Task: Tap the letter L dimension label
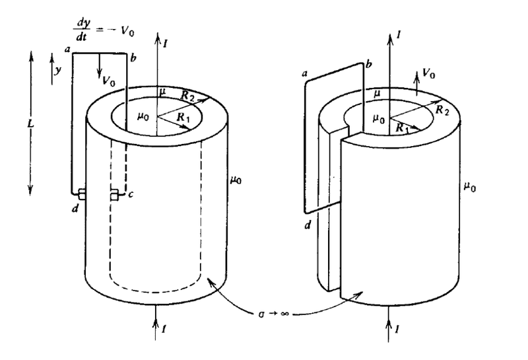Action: tap(30, 124)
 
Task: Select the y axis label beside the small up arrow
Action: tap(58, 71)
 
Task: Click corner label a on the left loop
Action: tap(67, 50)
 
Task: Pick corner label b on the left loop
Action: tap(133, 58)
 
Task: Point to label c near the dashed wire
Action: tap(131, 194)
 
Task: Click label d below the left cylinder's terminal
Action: tap(75, 208)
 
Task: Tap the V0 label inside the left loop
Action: tap(109, 81)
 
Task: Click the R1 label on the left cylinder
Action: tap(183, 118)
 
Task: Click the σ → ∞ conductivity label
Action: tap(273, 314)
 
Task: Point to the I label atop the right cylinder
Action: tap(399, 34)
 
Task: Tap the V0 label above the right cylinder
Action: tap(428, 73)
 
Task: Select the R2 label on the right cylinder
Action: tap(442, 110)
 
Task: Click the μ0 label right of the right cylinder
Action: tap(470, 186)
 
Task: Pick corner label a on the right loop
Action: tap(306, 73)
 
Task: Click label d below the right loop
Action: tap(308, 225)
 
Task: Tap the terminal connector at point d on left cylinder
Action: tap(81, 194)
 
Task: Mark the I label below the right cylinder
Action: tap(397, 329)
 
